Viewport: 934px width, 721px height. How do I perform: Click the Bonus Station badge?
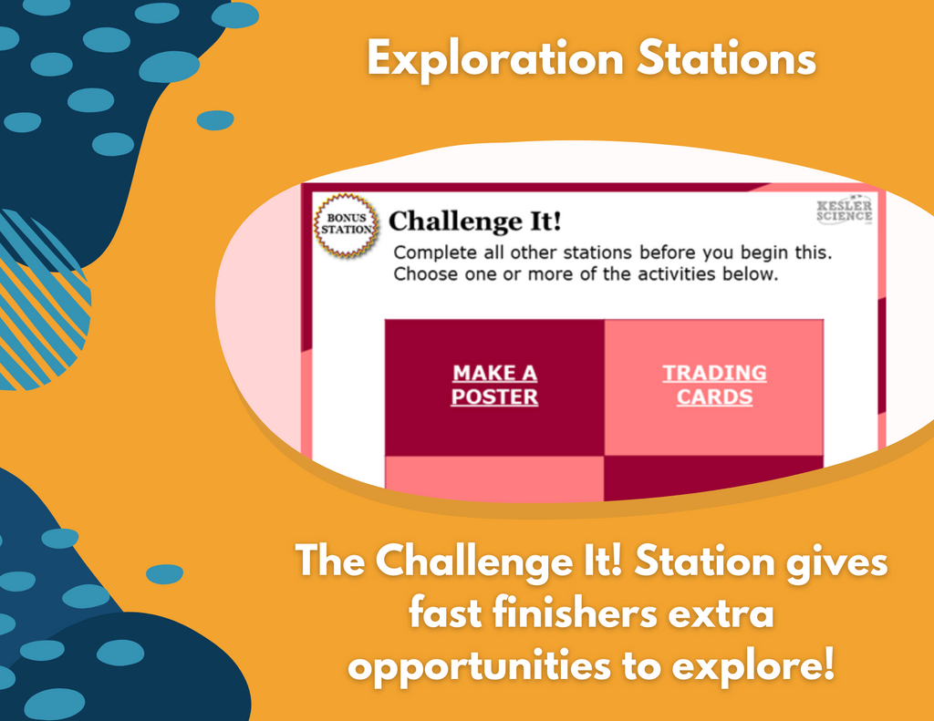(x=347, y=225)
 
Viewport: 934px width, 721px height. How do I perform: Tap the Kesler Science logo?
(x=845, y=210)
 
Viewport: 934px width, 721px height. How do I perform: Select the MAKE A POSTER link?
(x=494, y=385)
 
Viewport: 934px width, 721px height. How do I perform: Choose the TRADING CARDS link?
(x=714, y=385)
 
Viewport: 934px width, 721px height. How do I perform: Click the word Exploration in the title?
(x=495, y=59)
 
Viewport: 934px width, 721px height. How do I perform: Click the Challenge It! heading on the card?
(x=474, y=221)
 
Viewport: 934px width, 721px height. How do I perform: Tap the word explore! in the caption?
(x=752, y=665)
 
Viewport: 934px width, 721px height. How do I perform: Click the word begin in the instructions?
(x=765, y=253)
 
